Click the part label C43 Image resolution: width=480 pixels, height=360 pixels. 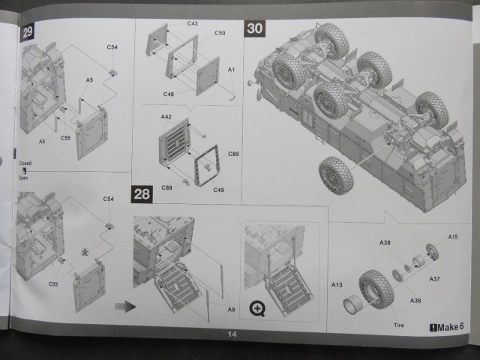[x=192, y=24]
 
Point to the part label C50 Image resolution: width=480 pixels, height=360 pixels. [x=220, y=33]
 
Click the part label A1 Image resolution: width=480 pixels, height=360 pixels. [x=232, y=70]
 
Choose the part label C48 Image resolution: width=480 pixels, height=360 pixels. [x=169, y=94]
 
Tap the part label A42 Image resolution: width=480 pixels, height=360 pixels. [x=166, y=117]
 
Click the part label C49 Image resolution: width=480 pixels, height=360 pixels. [x=218, y=190]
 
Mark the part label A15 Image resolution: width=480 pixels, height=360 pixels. [x=453, y=237]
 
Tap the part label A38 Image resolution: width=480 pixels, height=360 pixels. [x=385, y=243]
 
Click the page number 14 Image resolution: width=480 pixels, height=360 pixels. [x=233, y=334]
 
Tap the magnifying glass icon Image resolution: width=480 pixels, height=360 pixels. [x=257, y=307]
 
